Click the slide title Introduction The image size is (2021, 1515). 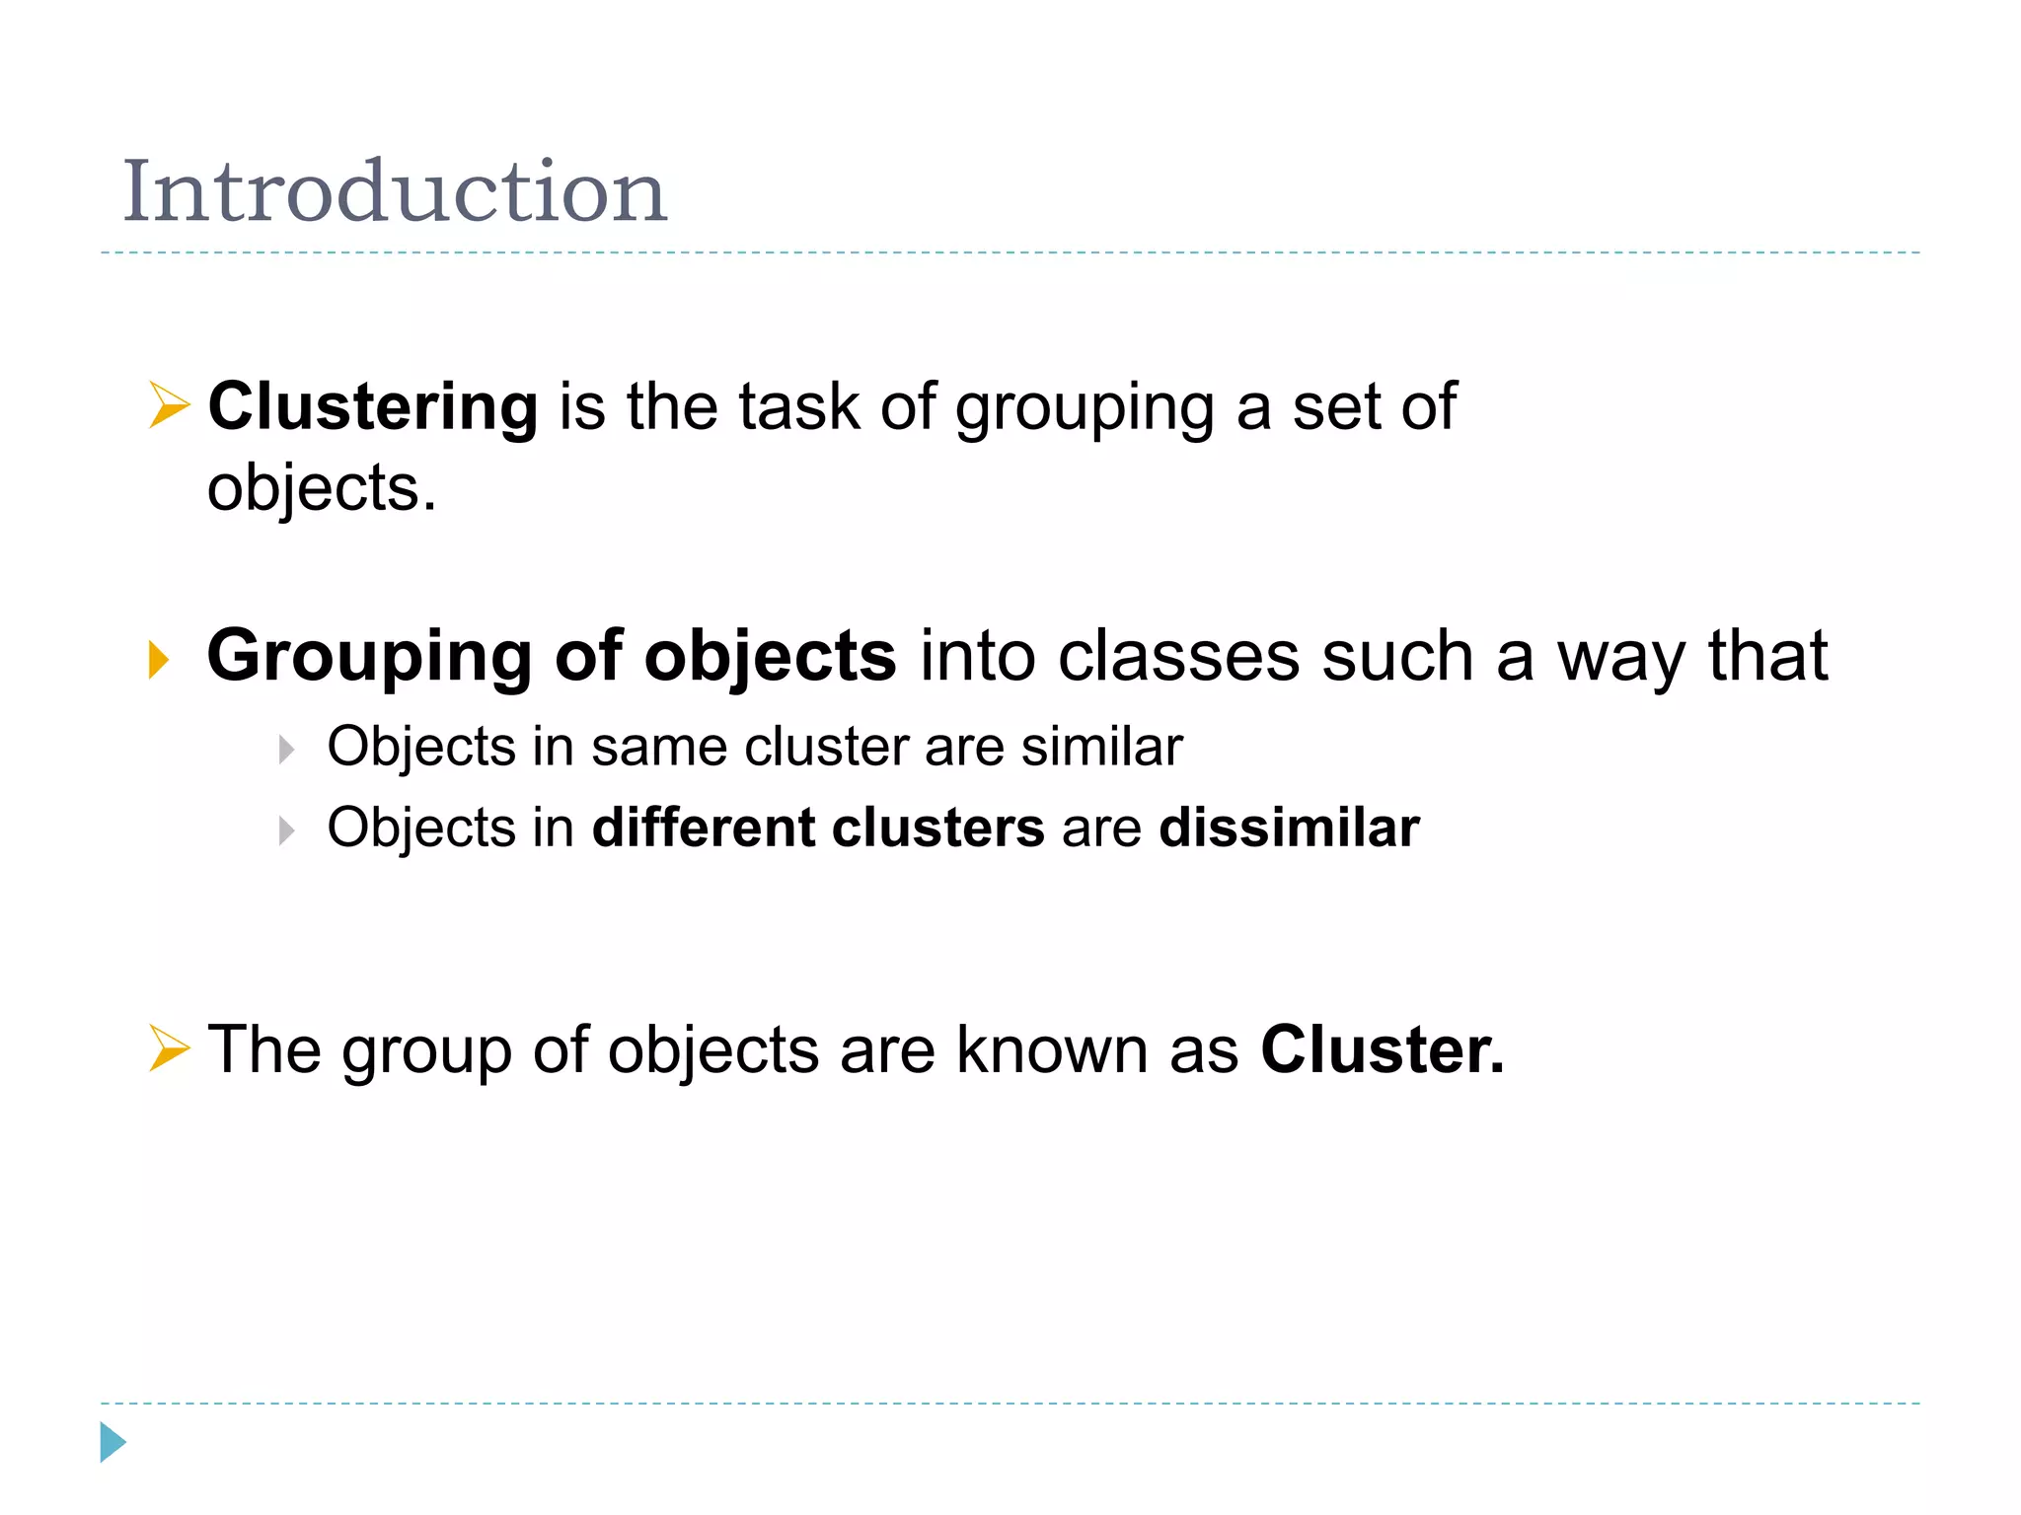coord(395,191)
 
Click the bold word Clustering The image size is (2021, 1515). coord(373,406)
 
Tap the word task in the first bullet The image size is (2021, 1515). coord(799,406)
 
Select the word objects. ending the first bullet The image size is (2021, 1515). coord(321,488)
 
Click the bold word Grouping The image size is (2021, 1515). coord(369,657)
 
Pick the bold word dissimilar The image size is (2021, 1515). coord(1289,828)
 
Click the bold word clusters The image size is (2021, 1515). coord(937,828)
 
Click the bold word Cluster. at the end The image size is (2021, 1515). coord(1383,1049)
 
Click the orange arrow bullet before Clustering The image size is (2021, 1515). coord(169,405)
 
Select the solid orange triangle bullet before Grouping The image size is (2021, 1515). coord(159,659)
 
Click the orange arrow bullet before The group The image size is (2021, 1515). coord(169,1047)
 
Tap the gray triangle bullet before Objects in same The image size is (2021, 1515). coord(286,750)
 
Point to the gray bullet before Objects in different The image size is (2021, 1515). coord(286,830)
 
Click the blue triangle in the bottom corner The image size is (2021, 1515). coord(112,1442)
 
